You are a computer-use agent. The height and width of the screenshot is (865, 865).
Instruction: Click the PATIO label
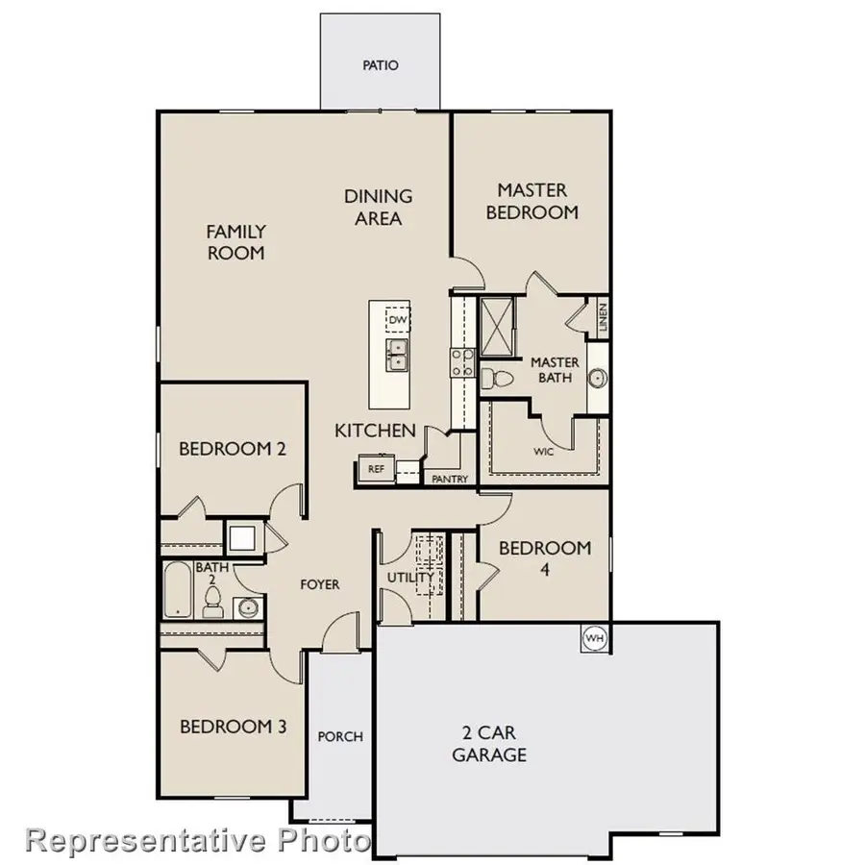[381, 66]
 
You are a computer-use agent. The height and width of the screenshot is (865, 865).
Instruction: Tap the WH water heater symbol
[595, 637]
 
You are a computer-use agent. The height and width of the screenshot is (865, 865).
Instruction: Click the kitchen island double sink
[397, 355]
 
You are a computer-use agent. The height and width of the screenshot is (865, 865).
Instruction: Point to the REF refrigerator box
[376, 469]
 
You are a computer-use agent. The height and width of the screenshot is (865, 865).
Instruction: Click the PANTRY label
[450, 479]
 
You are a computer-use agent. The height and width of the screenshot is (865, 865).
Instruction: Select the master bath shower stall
[499, 318]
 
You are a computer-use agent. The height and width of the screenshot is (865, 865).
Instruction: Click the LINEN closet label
[602, 318]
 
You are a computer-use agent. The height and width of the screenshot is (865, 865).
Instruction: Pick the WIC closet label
[543, 450]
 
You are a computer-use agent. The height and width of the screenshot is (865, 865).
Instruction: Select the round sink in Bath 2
[248, 606]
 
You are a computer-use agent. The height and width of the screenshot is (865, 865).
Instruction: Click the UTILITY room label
[405, 577]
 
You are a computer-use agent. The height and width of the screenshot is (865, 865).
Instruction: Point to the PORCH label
[340, 736]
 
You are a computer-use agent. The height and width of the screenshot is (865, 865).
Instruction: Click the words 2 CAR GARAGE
[489, 743]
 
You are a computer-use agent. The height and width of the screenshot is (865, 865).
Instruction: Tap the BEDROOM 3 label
[233, 727]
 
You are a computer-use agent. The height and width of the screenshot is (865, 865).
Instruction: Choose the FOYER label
[319, 584]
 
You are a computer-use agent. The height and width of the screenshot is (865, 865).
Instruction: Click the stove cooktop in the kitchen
[461, 361]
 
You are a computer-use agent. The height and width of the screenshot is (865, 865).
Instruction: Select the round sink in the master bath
[597, 378]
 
